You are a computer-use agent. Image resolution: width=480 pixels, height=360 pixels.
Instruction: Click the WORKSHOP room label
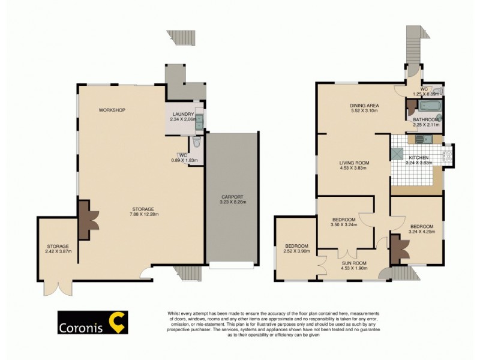tap(112, 110)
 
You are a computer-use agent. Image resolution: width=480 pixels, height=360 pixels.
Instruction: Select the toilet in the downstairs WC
tap(196, 145)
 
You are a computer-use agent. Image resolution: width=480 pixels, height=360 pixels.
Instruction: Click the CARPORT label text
tap(232, 197)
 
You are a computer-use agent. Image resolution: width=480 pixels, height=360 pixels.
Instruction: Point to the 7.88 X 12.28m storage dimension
tap(143, 215)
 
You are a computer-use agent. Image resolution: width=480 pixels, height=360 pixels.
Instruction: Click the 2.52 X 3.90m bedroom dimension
tap(296, 251)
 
